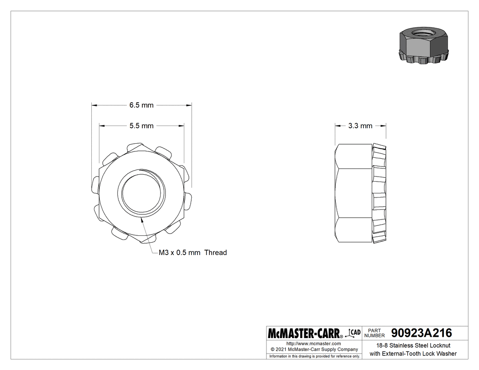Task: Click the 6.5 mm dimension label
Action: [141, 105]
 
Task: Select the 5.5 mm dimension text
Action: [141, 125]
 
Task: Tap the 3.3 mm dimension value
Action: [360, 125]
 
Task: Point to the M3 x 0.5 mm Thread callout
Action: [192, 252]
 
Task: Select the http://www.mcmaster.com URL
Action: [313, 343]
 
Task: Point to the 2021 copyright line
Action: [313, 349]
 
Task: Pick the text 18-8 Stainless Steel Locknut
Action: [413, 345]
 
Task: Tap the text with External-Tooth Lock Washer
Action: [413, 354]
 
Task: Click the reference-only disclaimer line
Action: [314, 356]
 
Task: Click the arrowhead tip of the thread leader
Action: [143, 219]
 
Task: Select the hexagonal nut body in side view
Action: [354, 193]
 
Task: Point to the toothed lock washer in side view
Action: [380, 193]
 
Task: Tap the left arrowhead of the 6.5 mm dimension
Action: [93, 105]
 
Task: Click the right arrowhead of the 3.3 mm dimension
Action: [385, 125]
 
